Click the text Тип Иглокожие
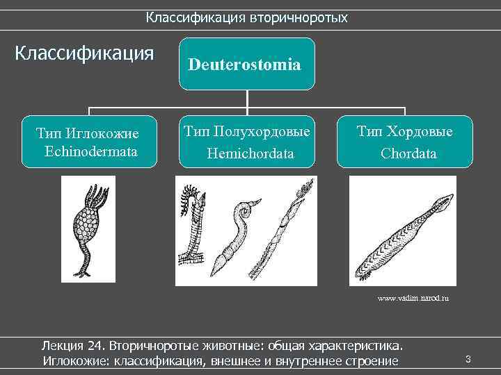[x=88, y=133]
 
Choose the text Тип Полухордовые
[x=246, y=131]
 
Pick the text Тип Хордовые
[x=405, y=131]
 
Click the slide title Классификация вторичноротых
[x=246, y=17]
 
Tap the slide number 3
[x=468, y=359]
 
